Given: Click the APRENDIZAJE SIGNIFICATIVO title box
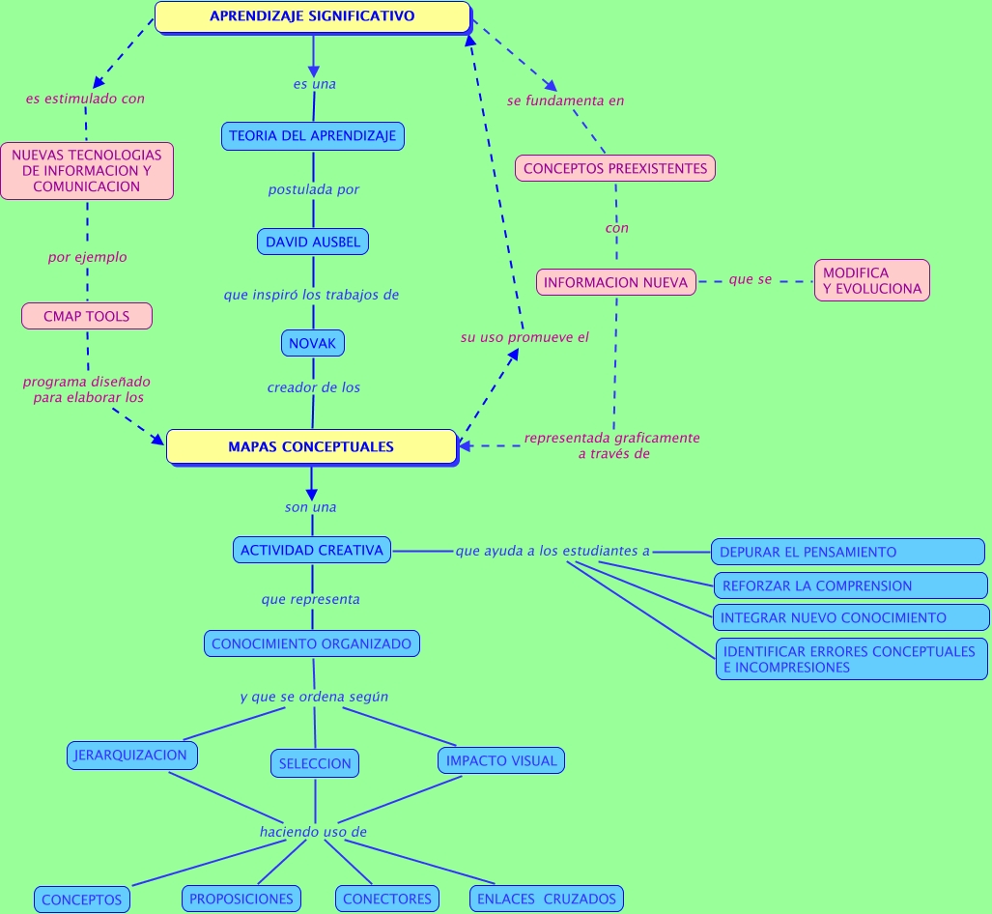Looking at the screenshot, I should point(312,16).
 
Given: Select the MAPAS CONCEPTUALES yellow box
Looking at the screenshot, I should point(311,446).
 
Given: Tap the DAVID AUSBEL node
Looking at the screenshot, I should point(313,242).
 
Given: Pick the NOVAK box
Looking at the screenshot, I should point(312,342).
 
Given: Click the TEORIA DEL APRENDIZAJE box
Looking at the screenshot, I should point(312,136).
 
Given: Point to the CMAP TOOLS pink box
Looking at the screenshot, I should point(87,316).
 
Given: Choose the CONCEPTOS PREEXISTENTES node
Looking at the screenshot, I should point(615,168).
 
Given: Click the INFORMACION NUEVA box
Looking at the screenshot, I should point(615,282).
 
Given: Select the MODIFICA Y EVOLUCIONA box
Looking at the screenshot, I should point(871,280).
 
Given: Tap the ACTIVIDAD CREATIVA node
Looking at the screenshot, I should point(312,550).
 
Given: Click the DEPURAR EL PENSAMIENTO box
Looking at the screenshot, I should point(847,552).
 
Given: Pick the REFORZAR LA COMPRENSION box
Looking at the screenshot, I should point(849,586).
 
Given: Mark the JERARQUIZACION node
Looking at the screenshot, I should point(131,755).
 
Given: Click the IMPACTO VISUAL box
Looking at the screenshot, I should point(501,760).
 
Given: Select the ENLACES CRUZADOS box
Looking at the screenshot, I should point(546,899).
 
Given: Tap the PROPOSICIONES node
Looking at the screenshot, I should point(241,899).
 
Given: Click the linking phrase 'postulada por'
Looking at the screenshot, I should point(313,189).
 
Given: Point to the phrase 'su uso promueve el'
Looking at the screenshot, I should point(524,337).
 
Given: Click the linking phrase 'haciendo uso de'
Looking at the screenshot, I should point(313,831).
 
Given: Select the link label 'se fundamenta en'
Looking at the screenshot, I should point(565,100).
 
